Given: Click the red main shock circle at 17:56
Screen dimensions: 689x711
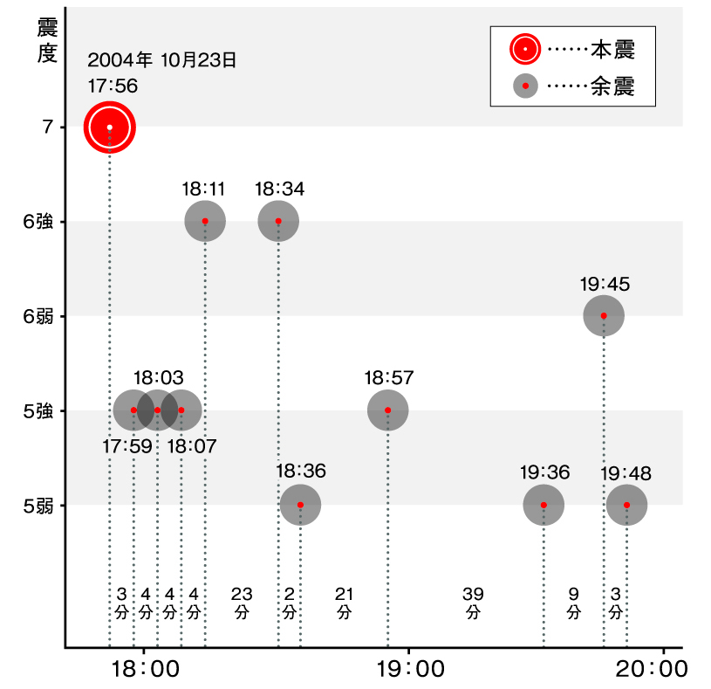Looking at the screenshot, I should (x=109, y=127).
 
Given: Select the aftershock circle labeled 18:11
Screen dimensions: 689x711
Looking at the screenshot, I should (x=205, y=222).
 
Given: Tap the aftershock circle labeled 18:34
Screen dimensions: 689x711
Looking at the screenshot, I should (x=278, y=222).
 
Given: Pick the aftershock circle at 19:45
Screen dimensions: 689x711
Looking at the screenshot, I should (x=604, y=316).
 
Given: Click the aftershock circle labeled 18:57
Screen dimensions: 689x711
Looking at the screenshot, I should (x=387, y=410).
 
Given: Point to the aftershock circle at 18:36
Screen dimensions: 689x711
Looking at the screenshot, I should (x=300, y=505).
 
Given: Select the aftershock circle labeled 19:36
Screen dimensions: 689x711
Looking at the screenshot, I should (x=544, y=505).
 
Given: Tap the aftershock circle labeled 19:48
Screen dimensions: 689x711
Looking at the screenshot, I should (x=626, y=505).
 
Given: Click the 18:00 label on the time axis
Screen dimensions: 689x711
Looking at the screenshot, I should (x=146, y=671).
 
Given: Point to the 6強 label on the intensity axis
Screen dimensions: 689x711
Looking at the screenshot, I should (x=38, y=222).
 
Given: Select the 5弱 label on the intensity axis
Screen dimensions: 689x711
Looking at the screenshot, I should (x=38, y=505).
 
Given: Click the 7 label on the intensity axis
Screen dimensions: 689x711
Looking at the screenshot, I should (x=46, y=127).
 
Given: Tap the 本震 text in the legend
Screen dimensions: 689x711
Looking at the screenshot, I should (x=613, y=50).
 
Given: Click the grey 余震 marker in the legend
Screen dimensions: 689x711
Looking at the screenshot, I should (x=525, y=86).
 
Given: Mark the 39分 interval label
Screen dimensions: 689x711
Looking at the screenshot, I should (x=473, y=603).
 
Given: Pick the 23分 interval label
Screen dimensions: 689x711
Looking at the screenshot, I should (x=242, y=603).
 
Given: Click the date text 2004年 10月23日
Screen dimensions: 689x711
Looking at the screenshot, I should (x=162, y=60).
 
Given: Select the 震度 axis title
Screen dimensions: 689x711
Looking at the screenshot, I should (x=47, y=40).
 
